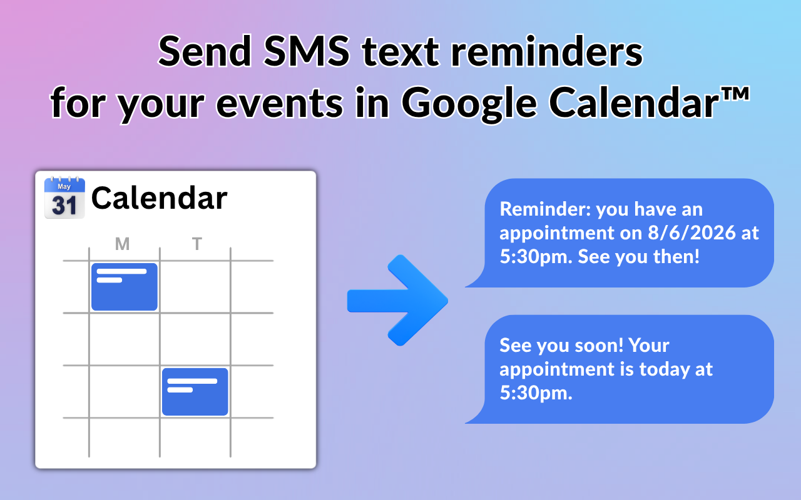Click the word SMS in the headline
click(307, 51)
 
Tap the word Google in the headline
click(469, 104)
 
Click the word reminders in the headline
click(547, 51)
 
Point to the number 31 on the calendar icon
click(64, 206)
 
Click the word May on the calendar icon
click(64, 186)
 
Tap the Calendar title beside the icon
click(160, 198)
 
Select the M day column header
click(122, 244)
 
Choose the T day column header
click(197, 244)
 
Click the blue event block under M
click(125, 287)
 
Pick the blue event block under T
click(195, 392)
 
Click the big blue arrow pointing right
click(397, 301)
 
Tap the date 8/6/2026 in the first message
click(692, 233)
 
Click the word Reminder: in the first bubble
click(545, 209)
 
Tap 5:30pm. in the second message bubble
click(536, 393)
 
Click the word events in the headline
click(280, 104)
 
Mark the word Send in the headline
click(205, 51)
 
